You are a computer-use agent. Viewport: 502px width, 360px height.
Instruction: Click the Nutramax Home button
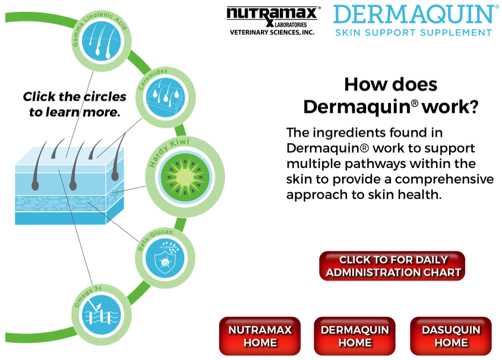pos(260,336)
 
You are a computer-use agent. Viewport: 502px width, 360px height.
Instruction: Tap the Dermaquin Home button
pos(355,336)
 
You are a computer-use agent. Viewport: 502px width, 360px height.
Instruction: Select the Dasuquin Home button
pos(451,336)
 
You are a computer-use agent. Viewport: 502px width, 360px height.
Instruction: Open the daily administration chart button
pos(393,266)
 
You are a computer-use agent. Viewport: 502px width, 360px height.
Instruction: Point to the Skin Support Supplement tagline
pos(413,32)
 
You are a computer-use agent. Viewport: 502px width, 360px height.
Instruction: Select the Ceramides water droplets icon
pos(166,98)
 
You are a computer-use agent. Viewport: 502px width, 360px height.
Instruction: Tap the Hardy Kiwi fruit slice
pos(185,177)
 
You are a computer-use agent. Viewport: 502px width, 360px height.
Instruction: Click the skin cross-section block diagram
pos(69,184)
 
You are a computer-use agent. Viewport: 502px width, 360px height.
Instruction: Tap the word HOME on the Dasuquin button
pos(451,343)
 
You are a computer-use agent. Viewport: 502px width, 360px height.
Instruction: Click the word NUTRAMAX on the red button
pos(260,330)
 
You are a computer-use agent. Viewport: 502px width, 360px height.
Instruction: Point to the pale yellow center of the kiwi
pos(185,177)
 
